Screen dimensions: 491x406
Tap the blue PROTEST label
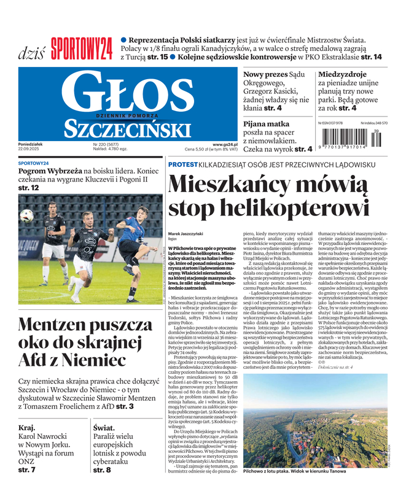[x=182, y=164]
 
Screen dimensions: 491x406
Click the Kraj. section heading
[x=27, y=428]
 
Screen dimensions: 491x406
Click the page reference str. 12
[x=29, y=187]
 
